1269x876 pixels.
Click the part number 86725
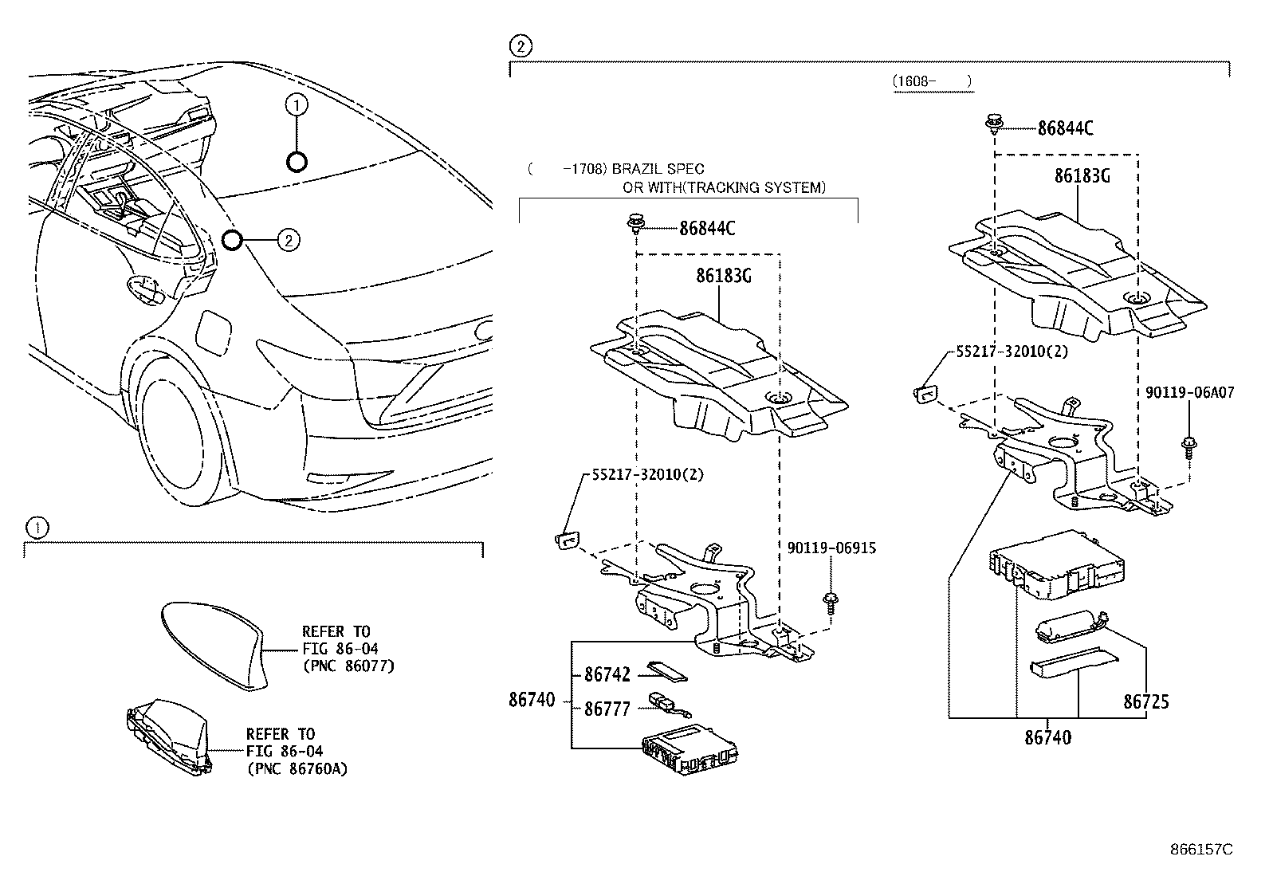coord(1146,702)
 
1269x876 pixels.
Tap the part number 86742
coord(607,675)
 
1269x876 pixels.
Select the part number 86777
coord(607,709)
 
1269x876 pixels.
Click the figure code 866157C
coord(1200,850)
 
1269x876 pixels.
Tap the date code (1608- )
coord(933,81)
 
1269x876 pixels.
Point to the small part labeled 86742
coord(666,672)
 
